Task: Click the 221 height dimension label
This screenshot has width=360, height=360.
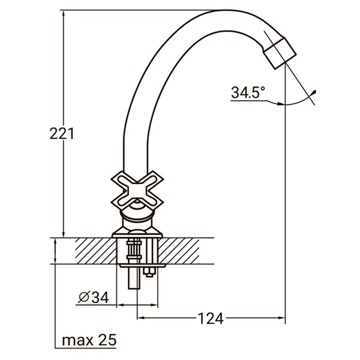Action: coord(61,134)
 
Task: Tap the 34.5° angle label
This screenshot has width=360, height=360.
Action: coord(248,92)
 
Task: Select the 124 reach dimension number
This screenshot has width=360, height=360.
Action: coord(210,319)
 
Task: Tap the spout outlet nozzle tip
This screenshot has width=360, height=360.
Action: coord(282,53)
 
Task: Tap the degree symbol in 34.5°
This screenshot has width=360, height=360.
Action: coord(262,88)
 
